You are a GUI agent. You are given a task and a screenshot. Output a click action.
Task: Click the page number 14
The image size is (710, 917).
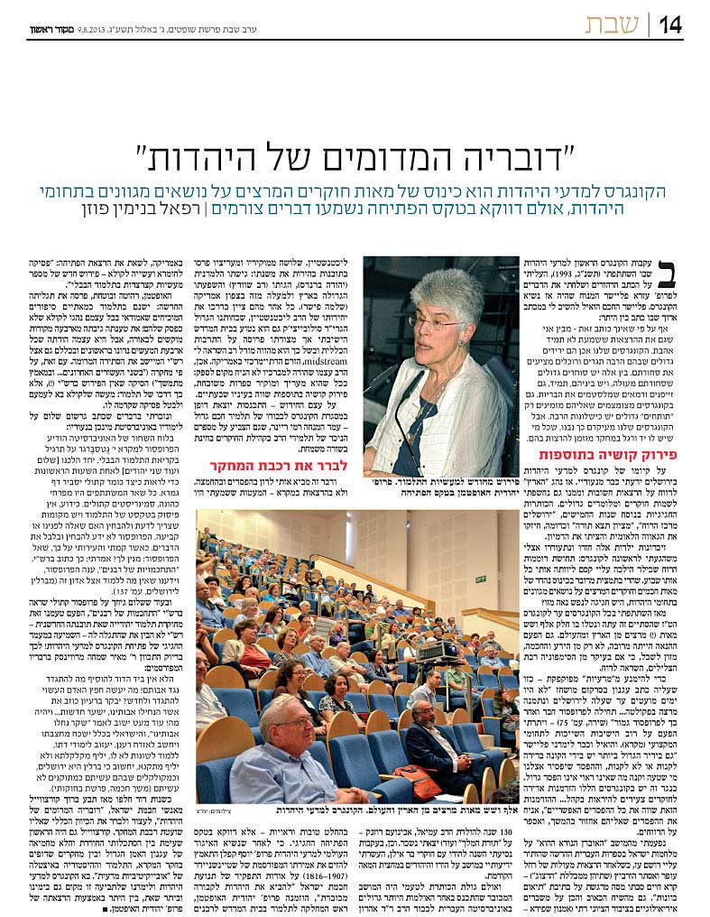tap(669, 23)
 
